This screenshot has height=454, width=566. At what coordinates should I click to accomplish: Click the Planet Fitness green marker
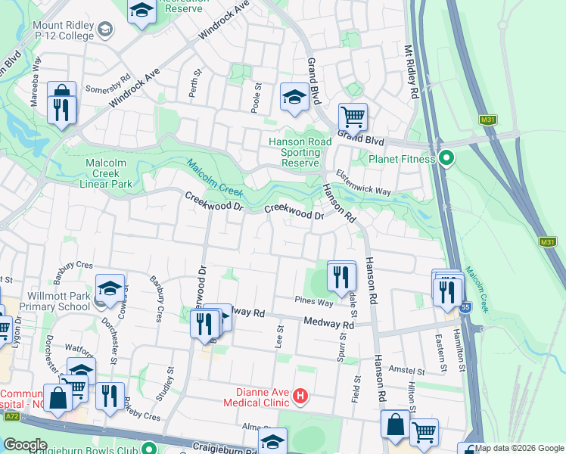tap(446, 159)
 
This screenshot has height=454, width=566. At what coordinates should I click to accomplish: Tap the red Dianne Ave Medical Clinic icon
tap(301, 396)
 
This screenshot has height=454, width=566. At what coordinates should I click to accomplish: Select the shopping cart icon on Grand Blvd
tap(353, 117)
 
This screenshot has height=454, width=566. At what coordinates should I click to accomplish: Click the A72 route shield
tap(11, 417)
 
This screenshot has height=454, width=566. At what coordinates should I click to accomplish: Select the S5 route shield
tap(465, 307)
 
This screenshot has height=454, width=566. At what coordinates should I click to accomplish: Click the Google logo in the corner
tap(25, 445)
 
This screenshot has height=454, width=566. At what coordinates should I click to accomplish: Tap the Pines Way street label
tap(314, 302)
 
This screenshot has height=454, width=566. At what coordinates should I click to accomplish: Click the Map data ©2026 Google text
tap(520, 448)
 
